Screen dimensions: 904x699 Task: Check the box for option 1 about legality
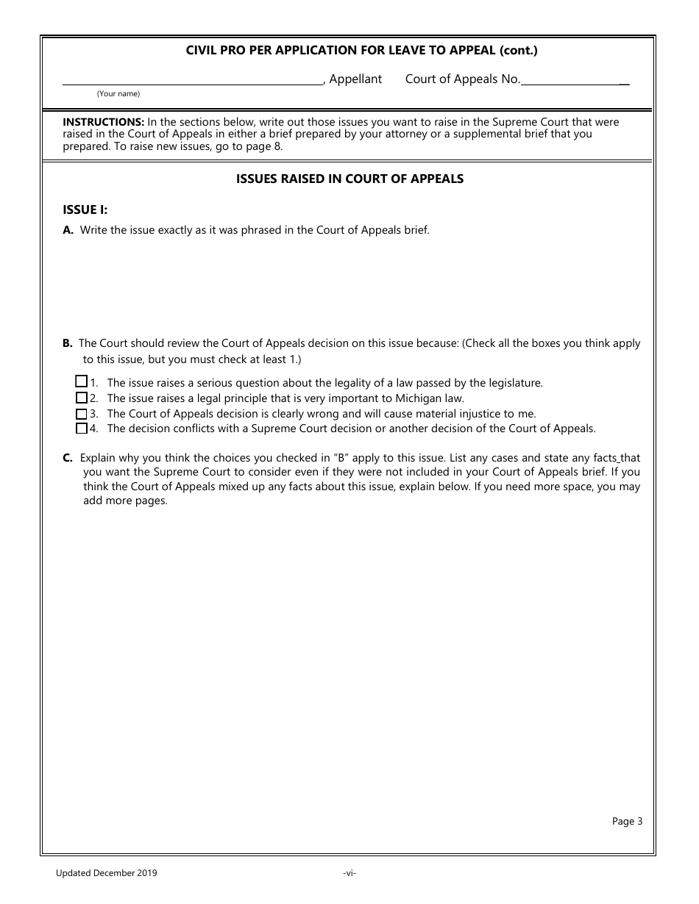click(x=82, y=381)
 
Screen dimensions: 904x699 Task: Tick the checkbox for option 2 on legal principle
click(x=82, y=398)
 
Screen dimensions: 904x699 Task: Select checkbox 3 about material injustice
click(x=82, y=414)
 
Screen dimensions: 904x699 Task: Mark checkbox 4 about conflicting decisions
click(x=82, y=428)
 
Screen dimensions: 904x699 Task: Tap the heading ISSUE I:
click(x=85, y=209)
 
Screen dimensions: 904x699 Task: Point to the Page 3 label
click(x=627, y=822)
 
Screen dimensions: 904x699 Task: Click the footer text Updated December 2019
click(x=106, y=873)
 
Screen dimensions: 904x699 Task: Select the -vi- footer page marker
click(x=349, y=873)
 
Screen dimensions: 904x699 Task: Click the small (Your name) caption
click(x=118, y=94)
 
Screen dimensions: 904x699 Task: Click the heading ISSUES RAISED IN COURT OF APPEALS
click(x=349, y=179)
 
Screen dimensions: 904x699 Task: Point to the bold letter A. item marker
click(x=68, y=230)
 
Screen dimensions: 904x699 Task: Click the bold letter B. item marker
click(x=68, y=343)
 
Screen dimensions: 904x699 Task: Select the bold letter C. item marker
click(x=68, y=458)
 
